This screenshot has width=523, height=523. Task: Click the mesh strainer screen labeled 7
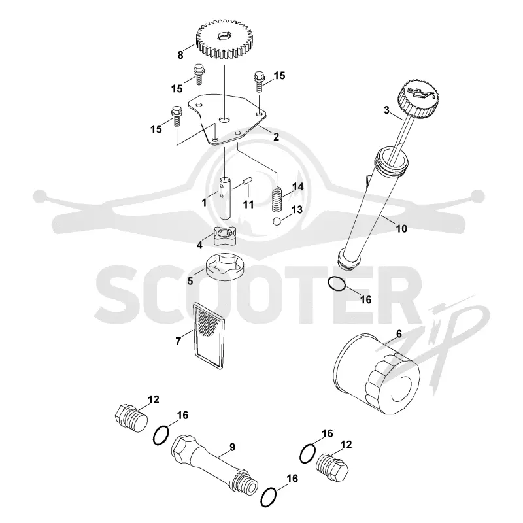tap(209, 334)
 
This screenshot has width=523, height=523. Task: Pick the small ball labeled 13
tap(277, 221)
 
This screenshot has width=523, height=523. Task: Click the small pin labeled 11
tap(248, 182)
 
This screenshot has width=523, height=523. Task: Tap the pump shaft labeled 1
tap(225, 198)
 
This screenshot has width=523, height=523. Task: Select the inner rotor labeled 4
tap(222, 237)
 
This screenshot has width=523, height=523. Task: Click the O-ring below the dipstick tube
tap(337, 284)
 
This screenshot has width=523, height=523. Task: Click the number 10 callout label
tap(401, 229)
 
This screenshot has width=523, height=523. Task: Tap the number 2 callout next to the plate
tap(276, 137)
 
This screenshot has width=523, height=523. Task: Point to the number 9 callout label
tap(232, 447)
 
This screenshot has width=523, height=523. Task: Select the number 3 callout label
tap(386, 110)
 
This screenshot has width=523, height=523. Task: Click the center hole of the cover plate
tap(224, 119)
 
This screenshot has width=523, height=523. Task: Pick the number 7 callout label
tap(178, 341)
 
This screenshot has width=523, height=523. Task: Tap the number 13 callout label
tap(297, 209)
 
